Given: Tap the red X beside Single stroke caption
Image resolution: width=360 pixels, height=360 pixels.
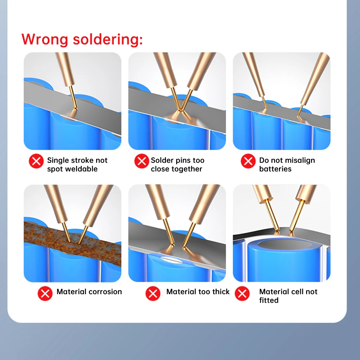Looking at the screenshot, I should pos(36,161).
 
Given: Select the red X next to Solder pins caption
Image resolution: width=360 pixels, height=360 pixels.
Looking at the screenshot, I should pos(141,161).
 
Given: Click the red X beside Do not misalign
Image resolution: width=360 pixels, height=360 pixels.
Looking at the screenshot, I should pos(248,161).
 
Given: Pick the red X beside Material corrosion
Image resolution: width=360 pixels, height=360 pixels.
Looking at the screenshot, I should pos(45,294).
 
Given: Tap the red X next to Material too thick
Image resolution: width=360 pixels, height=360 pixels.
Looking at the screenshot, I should pos(153,294).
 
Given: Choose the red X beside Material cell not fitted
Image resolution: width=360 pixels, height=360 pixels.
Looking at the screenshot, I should pos(242,294).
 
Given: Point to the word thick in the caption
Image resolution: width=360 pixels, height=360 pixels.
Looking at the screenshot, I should pos(219,292).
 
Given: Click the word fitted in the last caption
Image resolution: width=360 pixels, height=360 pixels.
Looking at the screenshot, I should pos(269,300).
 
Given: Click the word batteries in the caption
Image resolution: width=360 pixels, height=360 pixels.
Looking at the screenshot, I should pos(275,169).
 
